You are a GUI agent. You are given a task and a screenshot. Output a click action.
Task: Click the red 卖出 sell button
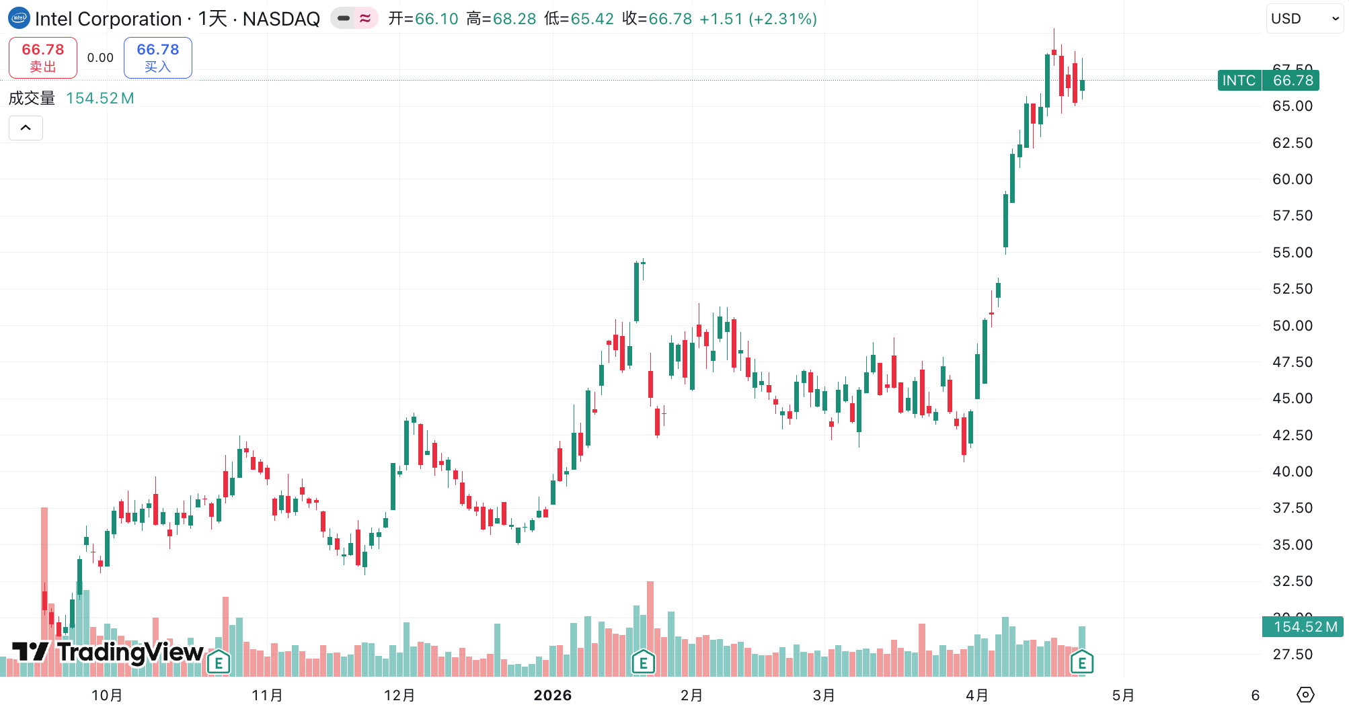click(43, 58)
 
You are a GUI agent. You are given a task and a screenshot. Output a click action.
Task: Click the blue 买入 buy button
click(158, 58)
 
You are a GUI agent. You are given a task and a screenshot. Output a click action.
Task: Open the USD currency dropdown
click(1304, 19)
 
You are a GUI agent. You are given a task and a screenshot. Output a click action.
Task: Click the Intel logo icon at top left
click(19, 18)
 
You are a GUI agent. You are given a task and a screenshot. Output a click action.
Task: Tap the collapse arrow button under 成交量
click(26, 128)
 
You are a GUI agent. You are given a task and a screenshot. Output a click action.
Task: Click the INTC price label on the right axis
click(1268, 81)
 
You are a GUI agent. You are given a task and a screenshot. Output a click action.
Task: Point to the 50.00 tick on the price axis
click(1292, 326)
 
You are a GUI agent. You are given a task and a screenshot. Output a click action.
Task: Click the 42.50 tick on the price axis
click(1292, 435)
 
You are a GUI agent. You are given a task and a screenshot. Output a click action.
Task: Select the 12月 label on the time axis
click(399, 696)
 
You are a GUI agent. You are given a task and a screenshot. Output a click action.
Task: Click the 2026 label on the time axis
click(553, 696)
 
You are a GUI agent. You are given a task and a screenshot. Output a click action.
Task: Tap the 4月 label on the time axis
click(977, 696)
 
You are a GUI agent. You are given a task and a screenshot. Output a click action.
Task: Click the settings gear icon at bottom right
click(1305, 695)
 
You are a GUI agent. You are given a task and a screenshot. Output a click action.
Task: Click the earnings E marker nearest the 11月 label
click(219, 663)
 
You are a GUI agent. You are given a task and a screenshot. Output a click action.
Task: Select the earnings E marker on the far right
click(1081, 663)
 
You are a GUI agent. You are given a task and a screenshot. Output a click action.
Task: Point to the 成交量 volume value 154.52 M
click(100, 99)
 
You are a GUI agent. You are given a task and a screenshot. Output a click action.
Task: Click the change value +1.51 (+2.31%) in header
click(758, 19)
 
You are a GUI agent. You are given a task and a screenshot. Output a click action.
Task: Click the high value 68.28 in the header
click(514, 19)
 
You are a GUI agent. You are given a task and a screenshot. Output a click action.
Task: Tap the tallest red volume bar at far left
click(44, 591)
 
